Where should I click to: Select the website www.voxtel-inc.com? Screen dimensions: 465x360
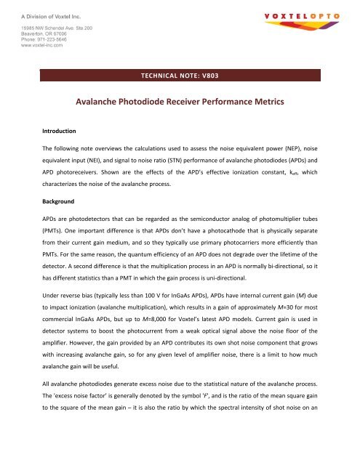[41, 44]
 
